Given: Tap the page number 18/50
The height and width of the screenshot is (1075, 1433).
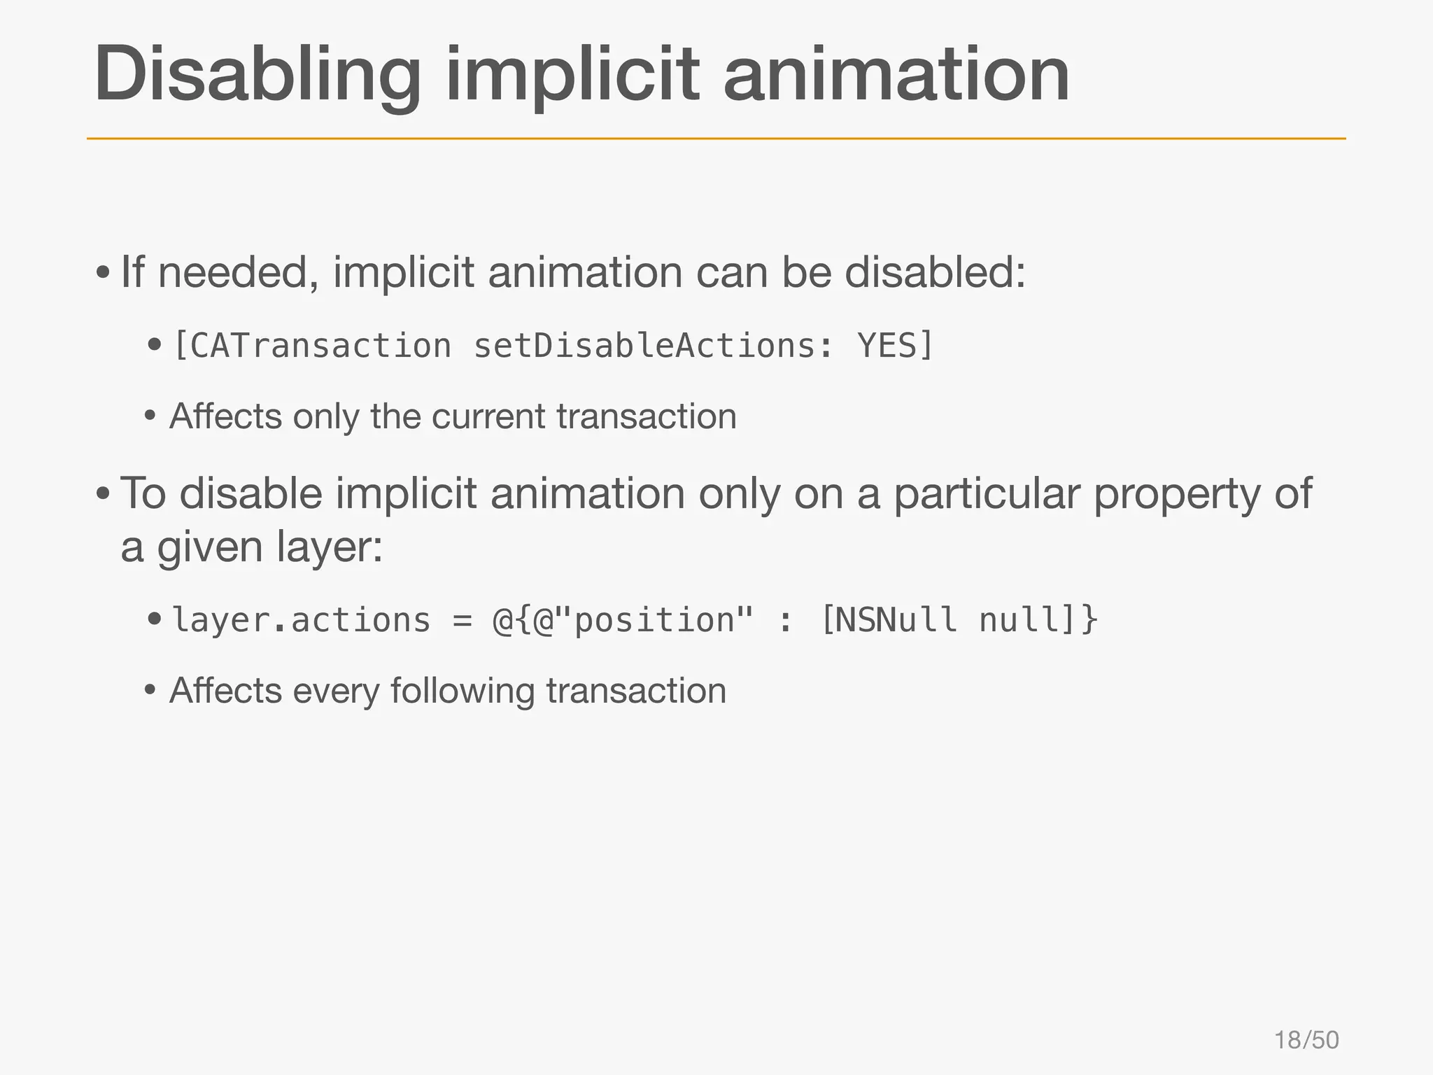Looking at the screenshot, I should [1306, 1040].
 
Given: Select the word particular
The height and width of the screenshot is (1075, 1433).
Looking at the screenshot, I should [987, 494].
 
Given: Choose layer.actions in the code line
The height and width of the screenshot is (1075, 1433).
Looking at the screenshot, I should [301, 620].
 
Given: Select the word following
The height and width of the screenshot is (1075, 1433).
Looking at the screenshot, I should [462, 691].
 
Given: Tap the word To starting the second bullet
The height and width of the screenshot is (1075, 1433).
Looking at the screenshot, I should [143, 494].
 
